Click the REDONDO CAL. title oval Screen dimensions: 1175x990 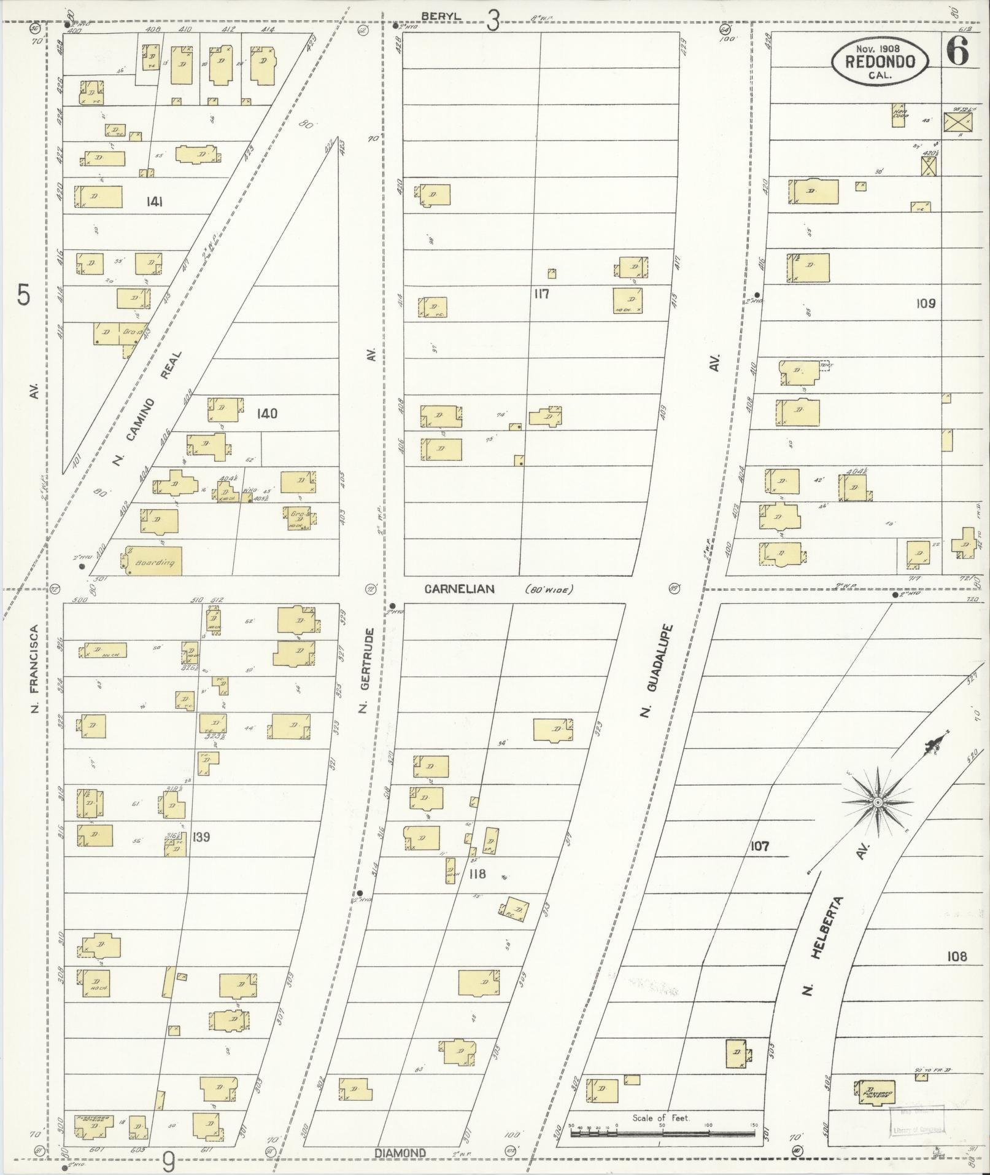click(x=880, y=61)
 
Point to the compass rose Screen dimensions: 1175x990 click(x=878, y=802)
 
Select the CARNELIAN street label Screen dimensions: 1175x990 click(x=460, y=589)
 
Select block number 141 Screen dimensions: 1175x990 click(x=155, y=201)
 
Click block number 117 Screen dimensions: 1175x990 click(x=541, y=294)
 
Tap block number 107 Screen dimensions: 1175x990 click(x=759, y=846)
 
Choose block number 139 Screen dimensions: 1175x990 click(x=201, y=837)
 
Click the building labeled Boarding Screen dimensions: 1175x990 click(x=154, y=561)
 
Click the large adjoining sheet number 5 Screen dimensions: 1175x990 click(x=23, y=295)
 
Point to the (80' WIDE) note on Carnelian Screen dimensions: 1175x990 click(x=548, y=590)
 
